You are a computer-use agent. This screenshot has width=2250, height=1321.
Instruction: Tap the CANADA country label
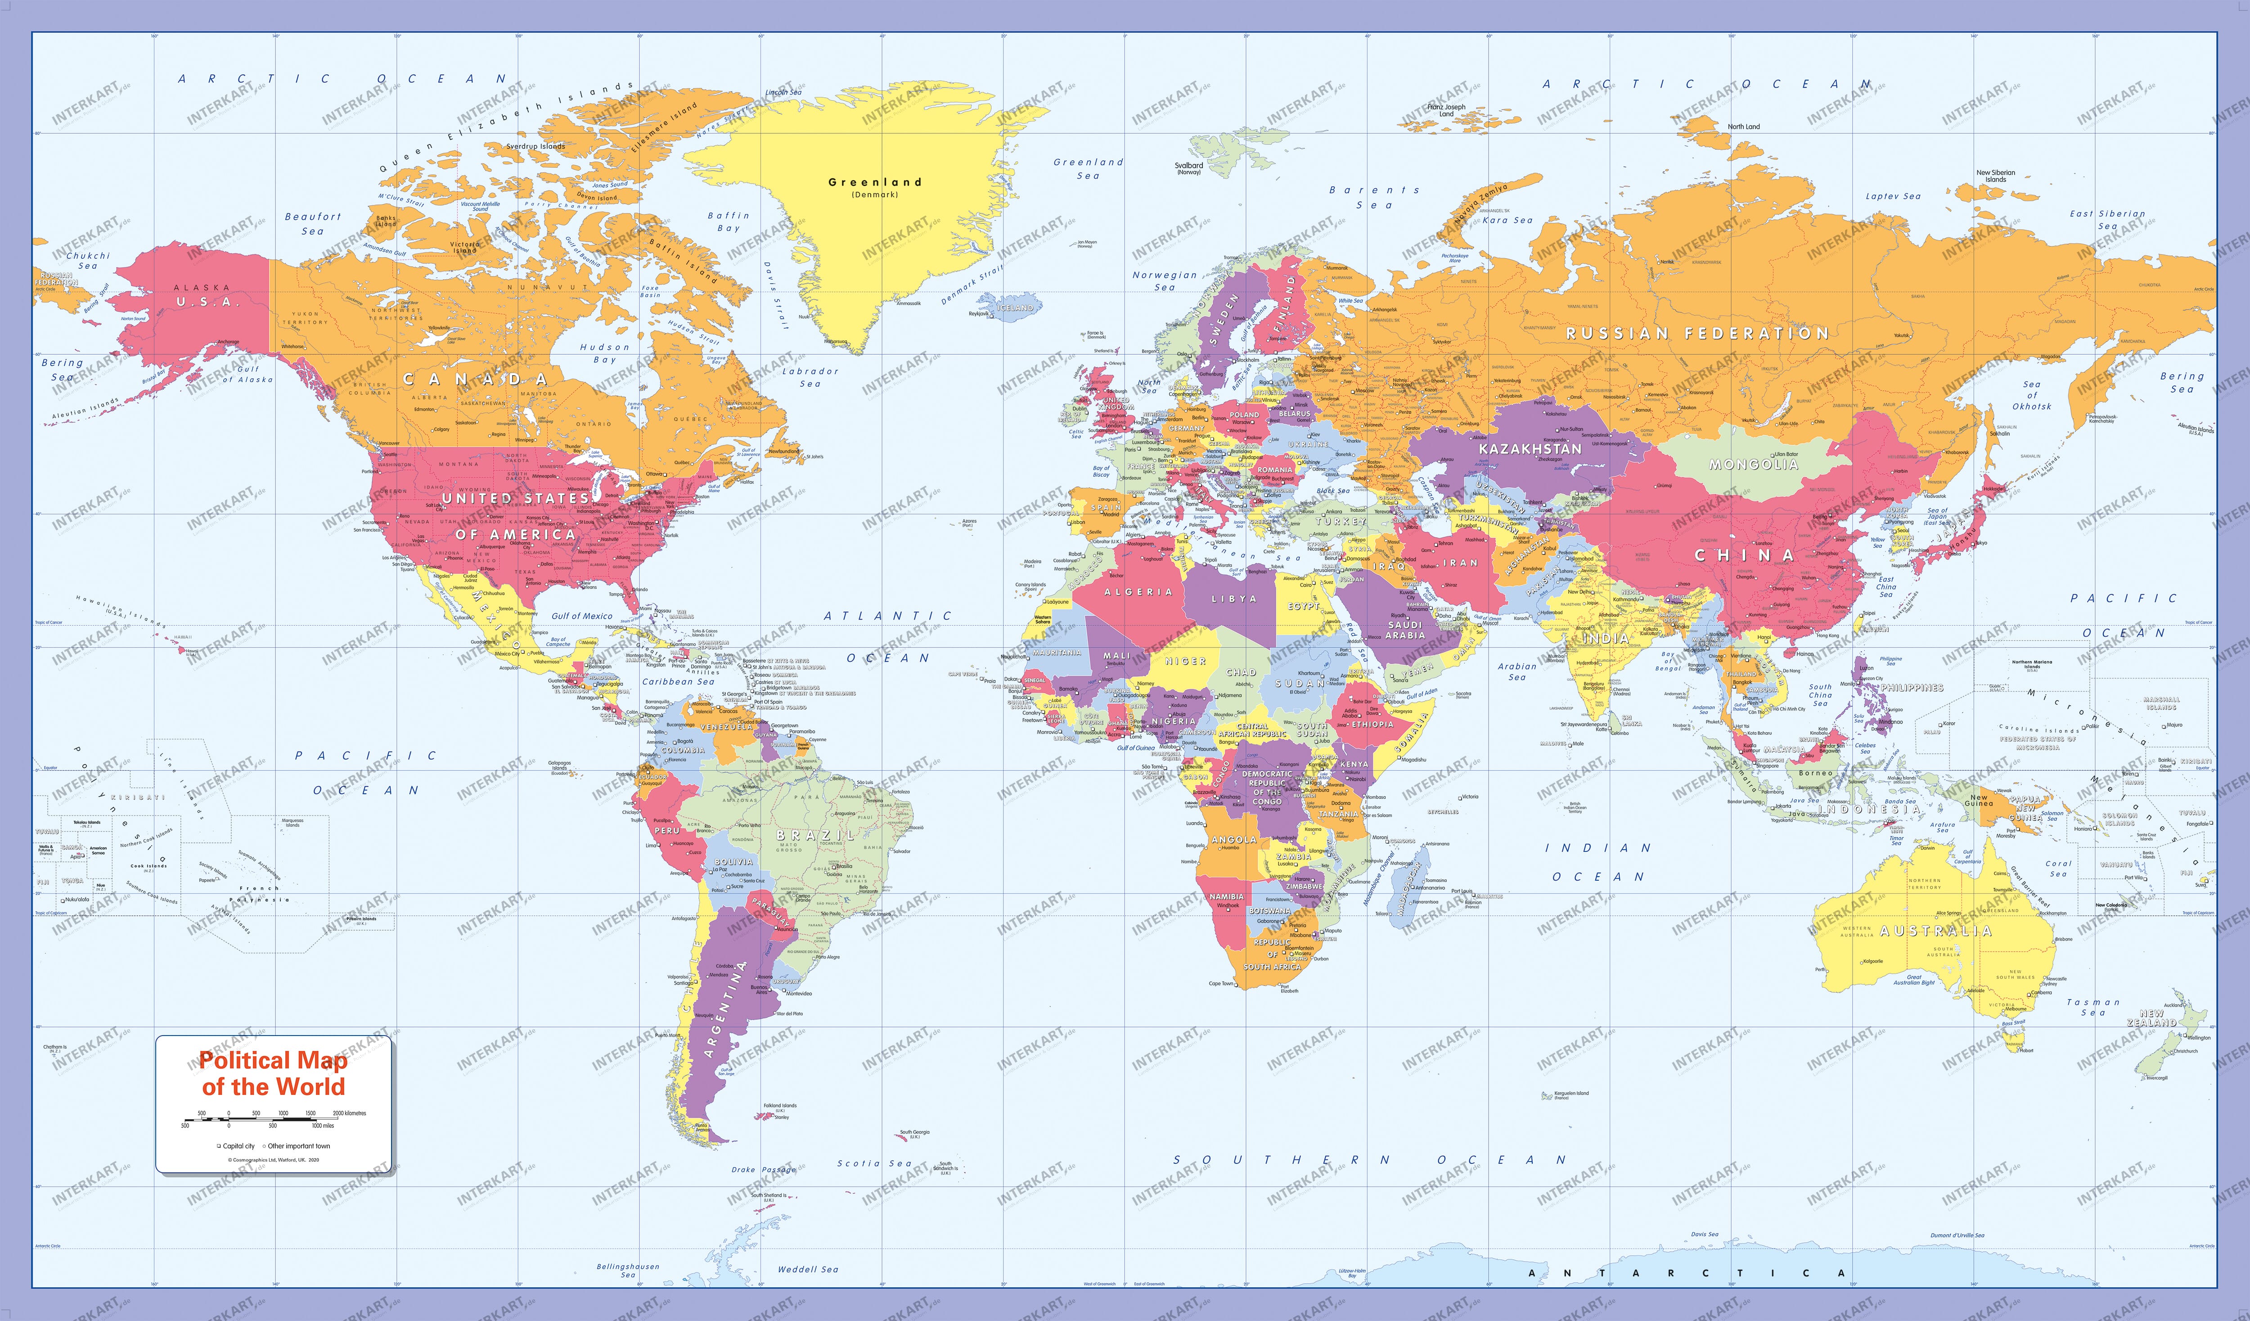(475, 380)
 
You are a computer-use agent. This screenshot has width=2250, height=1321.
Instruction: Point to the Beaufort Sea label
(312, 223)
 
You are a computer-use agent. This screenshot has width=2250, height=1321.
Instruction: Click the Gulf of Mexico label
(582, 616)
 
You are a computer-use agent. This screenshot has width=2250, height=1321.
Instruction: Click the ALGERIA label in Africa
(1138, 592)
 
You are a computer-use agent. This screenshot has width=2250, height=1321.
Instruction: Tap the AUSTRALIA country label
(1936, 931)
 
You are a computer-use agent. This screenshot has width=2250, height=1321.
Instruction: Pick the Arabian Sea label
(1517, 672)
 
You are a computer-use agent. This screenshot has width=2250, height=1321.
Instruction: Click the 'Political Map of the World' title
(273, 1073)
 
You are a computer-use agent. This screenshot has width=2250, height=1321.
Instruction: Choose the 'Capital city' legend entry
(236, 1146)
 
